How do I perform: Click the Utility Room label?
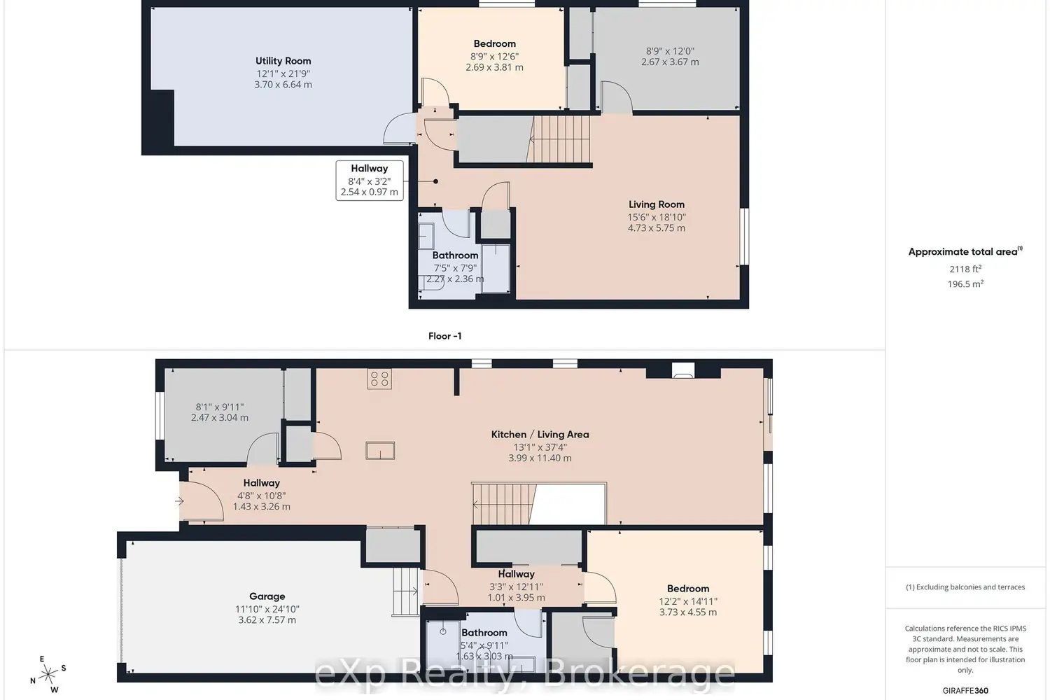click(283, 61)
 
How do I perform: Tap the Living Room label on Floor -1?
click(656, 204)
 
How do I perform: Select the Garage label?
click(267, 596)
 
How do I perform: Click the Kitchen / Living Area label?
click(540, 434)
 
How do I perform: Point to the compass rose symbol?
click(48, 674)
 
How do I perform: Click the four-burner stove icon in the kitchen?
click(379, 379)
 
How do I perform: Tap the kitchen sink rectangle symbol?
click(380, 450)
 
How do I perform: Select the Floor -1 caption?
click(444, 336)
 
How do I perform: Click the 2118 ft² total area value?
click(965, 269)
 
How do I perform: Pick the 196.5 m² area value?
click(965, 284)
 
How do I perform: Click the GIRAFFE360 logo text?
click(965, 690)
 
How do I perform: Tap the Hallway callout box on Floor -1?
click(369, 180)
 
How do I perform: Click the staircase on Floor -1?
click(559, 139)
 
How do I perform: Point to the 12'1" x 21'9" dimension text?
click(283, 73)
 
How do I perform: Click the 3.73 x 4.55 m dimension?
click(687, 612)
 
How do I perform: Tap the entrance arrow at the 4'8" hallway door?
click(179, 501)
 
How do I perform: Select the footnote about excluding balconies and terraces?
click(965, 587)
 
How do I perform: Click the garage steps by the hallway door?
click(405, 591)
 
